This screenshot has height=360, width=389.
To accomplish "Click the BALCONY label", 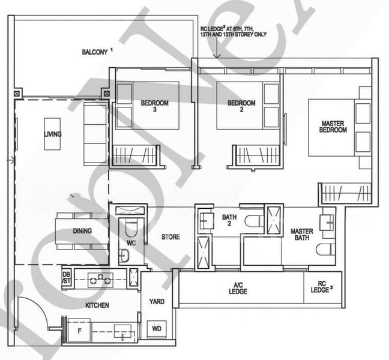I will point(96,52).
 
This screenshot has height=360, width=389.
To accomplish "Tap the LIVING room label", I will point(53,134).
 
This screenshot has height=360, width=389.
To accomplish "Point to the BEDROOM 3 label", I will point(154,106).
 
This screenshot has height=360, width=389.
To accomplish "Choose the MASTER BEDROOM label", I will point(333,127).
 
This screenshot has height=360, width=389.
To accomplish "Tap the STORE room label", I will point(170,237).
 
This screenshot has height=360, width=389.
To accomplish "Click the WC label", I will point(131,244).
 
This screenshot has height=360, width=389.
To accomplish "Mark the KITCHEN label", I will point(97,305).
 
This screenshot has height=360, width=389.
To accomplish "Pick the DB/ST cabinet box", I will point(67,278).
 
